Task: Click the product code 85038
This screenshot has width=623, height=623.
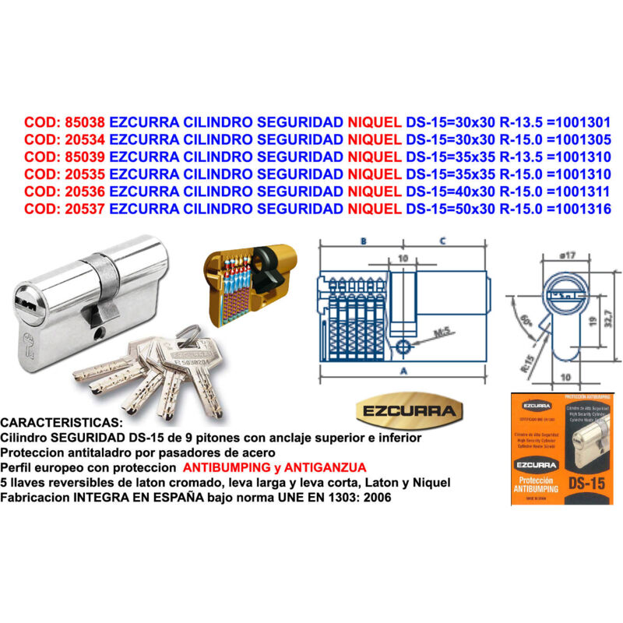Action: click(x=86, y=122)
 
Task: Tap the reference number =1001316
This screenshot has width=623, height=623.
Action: click(x=579, y=208)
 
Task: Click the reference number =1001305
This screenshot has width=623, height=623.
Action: click(x=579, y=140)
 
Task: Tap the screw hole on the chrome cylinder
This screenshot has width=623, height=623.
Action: click(x=99, y=335)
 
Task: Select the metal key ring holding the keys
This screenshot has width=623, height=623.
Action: click(x=187, y=335)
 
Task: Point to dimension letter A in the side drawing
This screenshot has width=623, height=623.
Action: click(x=403, y=372)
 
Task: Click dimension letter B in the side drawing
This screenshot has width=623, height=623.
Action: click(x=363, y=242)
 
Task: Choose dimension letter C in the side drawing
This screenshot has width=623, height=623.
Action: click(x=442, y=242)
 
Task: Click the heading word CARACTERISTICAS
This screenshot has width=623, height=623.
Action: click(x=62, y=421)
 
